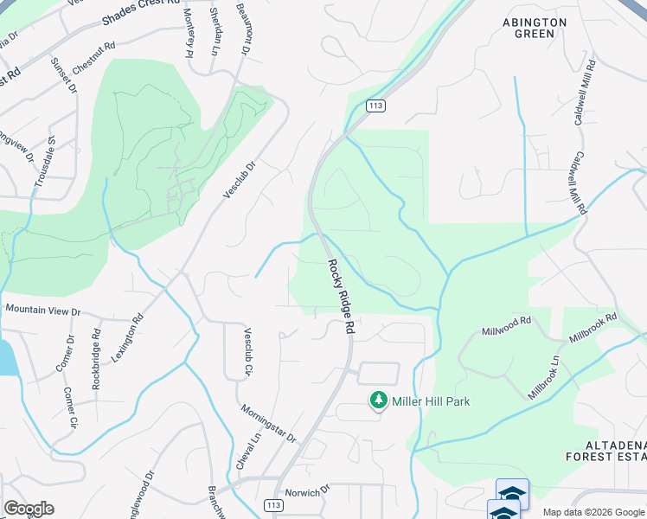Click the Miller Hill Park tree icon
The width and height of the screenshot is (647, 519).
(x=378, y=400)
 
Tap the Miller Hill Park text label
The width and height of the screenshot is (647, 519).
(x=431, y=401)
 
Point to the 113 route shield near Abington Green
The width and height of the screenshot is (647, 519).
(x=375, y=106)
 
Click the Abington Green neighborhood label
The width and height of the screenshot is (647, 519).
(x=535, y=28)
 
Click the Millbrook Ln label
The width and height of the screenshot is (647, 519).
(x=544, y=377)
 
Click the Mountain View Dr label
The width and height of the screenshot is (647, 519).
(x=42, y=310)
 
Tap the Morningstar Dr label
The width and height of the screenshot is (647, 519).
(x=268, y=422)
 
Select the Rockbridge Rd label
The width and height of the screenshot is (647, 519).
(x=96, y=357)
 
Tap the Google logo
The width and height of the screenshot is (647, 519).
(x=29, y=509)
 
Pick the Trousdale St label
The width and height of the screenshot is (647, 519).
(x=45, y=163)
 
